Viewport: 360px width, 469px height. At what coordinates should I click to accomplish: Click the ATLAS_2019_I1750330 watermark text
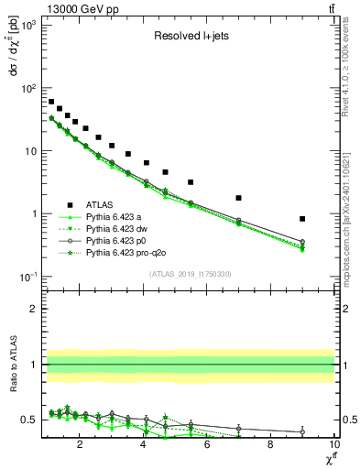(x=191, y=273)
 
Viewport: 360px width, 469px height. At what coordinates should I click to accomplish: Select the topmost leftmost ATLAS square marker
(x=51, y=102)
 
